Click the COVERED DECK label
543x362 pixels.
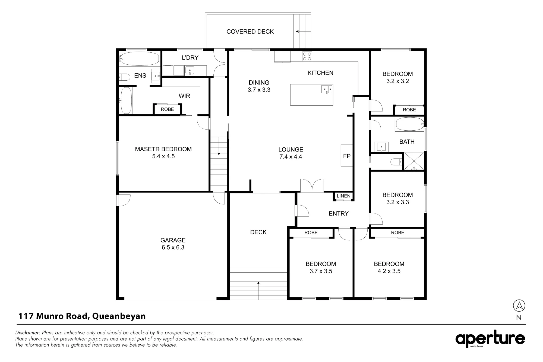click(x=250, y=32)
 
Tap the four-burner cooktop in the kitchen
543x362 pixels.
click(x=307, y=56)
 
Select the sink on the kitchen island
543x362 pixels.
click(x=327, y=89)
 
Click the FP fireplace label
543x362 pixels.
click(x=347, y=156)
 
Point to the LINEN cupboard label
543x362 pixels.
click(x=343, y=196)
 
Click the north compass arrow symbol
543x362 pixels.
click(x=519, y=306)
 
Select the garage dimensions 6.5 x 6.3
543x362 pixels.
click(x=173, y=247)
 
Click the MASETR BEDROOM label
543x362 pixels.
click(x=163, y=149)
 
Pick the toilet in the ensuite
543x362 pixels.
click(x=124, y=77)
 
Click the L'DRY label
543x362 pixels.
click(x=190, y=58)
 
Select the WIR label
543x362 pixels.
click(x=184, y=96)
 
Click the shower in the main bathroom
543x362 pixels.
click(x=414, y=161)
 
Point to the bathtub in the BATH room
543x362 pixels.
click(x=410, y=124)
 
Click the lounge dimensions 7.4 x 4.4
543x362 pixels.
click(x=291, y=157)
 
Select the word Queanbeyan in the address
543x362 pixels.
click(x=119, y=316)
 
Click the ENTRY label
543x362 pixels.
click(x=339, y=214)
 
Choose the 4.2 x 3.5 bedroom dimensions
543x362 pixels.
click(x=389, y=271)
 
